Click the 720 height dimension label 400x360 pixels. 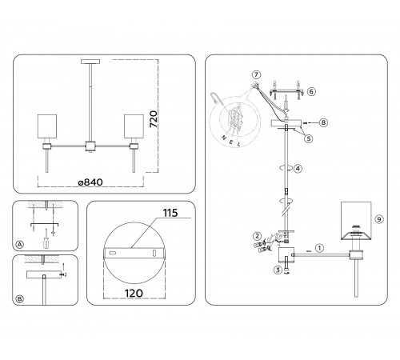pyautogui.click(x=154, y=119)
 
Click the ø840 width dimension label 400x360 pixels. pyautogui.click(x=90, y=182)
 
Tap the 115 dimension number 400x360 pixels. pyautogui.click(x=170, y=213)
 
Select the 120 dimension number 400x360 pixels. pyautogui.click(x=134, y=294)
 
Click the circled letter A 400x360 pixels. pyautogui.click(x=20, y=245)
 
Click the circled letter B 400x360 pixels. pyautogui.click(x=20, y=299)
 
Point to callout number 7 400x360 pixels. pyautogui.click(x=256, y=74)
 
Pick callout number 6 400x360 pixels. pyautogui.click(x=311, y=91)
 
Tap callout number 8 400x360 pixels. pyautogui.click(x=323, y=122)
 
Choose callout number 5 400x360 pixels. pyautogui.click(x=309, y=138)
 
